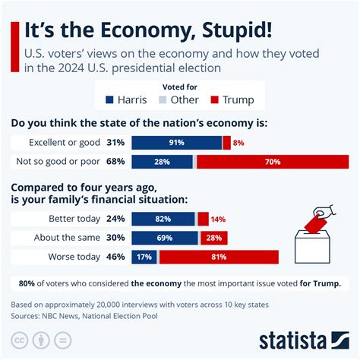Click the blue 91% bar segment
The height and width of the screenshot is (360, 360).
[176, 142]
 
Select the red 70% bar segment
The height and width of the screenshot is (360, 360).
[272, 162]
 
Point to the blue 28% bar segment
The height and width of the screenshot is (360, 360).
[163, 162]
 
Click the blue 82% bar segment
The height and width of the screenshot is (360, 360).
[163, 219]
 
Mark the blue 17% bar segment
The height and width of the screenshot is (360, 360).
[144, 257]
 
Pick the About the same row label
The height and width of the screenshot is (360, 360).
[65, 238]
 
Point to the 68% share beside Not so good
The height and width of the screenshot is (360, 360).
[116, 162]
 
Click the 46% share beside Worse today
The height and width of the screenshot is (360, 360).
[116, 257]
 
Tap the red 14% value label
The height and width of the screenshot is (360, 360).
[218, 219]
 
